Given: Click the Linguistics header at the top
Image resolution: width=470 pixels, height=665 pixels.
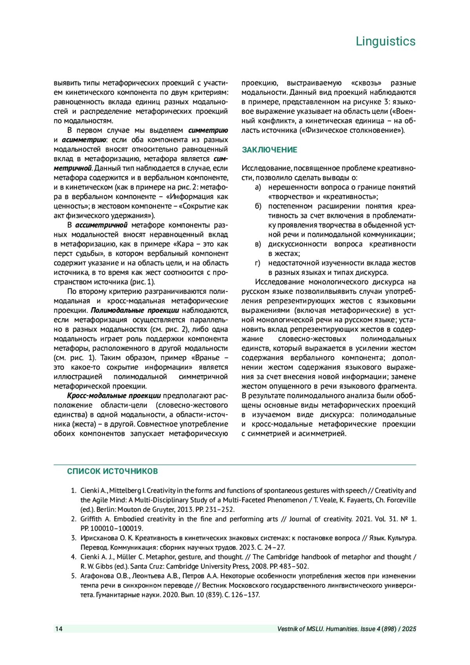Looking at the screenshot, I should pos(385,41).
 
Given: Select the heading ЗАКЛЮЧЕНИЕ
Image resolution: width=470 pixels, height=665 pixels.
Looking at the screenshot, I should pos(269,150).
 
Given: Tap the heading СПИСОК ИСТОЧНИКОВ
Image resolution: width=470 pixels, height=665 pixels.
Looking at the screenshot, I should pos(112,471).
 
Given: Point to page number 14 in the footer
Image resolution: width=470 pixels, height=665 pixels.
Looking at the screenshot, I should pos(59,629).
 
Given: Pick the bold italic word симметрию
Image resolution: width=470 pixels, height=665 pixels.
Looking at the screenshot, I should pos(208,130).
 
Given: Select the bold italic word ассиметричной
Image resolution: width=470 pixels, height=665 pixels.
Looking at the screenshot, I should pos(101,225).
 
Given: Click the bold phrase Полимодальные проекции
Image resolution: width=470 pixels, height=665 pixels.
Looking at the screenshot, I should pos(135,310).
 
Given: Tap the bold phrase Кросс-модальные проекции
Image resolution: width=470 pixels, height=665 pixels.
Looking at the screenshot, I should pos(114,396).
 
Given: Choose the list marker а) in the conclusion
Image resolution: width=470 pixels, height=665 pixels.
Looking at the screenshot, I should pos(258,187).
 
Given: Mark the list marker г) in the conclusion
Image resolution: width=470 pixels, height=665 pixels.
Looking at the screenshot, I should pos(258,263).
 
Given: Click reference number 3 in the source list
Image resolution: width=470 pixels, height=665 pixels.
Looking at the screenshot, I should pos(74,538).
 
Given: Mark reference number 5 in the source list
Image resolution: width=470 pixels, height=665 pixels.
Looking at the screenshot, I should pos(74,576).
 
